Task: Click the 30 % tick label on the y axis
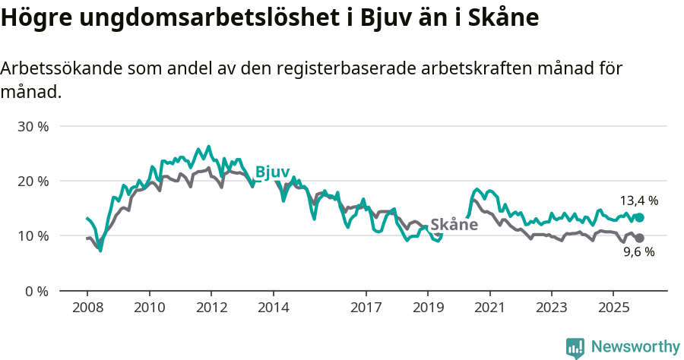pyautogui.click(x=33, y=127)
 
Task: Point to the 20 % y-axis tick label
pyautogui.click(x=33, y=182)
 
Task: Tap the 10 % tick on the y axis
pyautogui.click(x=33, y=236)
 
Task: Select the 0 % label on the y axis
pyautogui.click(x=36, y=291)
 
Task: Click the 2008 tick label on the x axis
pyautogui.click(x=87, y=308)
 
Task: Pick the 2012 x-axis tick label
pyautogui.click(x=211, y=308)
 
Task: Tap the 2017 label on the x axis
pyautogui.click(x=366, y=308)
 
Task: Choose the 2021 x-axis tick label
pyautogui.click(x=489, y=308)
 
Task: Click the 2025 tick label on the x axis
pyautogui.click(x=613, y=308)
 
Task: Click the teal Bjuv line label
pyautogui.click(x=272, y=172)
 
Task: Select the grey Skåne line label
pyautogui.click(x=454, y=225)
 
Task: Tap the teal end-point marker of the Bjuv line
pyautogui.click(x=639, y=217)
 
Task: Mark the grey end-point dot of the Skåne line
pyautogui.click(x=639, y=238)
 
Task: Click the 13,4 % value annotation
pyautogui.click(x=638, y=201)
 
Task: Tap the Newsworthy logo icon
pyautogui.click(x=575, y=348)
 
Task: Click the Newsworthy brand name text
pyautogui.click(x=635, y=347)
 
